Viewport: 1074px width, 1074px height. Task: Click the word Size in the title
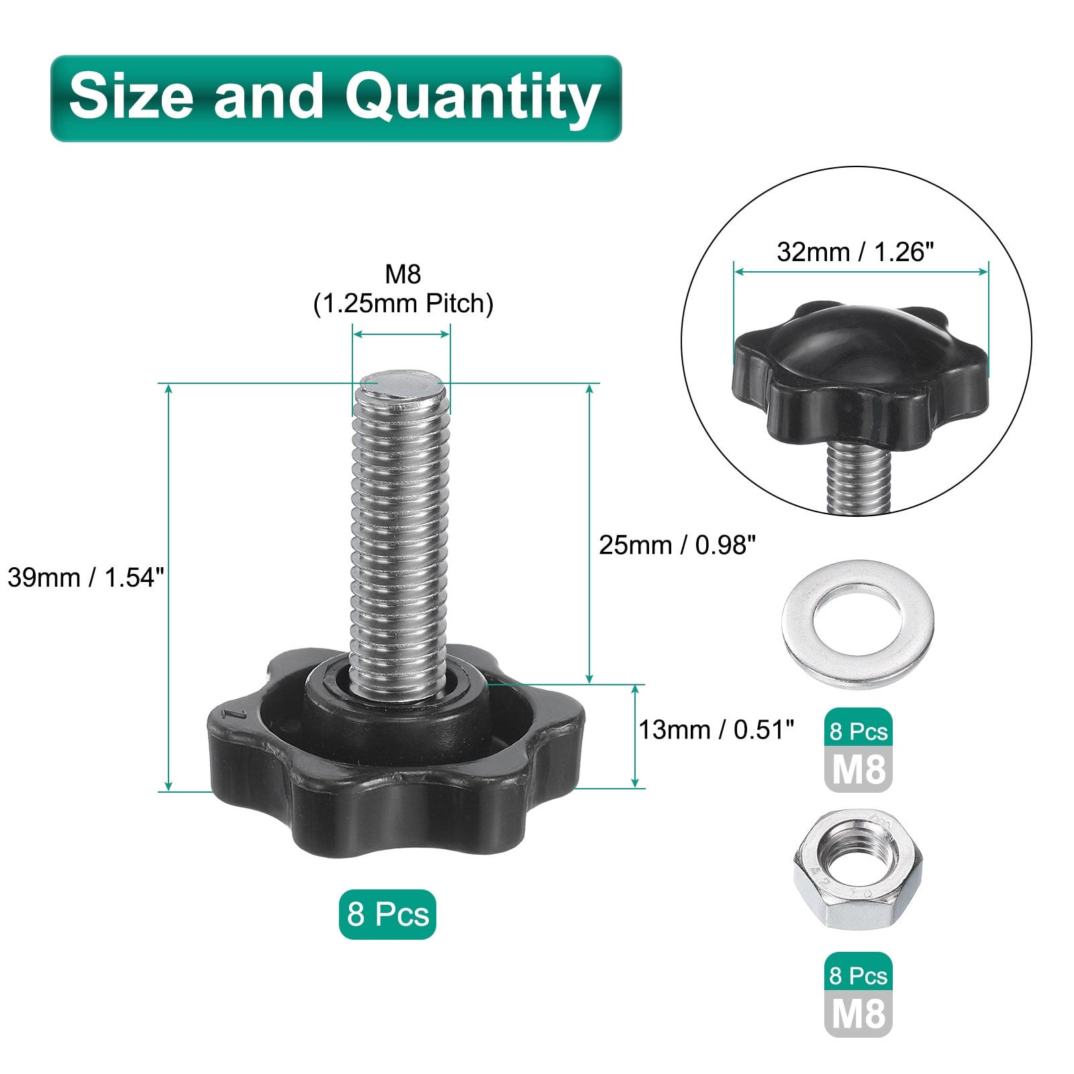(x=131, y=95)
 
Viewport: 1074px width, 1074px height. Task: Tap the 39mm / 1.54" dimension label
(x=86, y=577)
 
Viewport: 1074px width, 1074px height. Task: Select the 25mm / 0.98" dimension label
(x=677, y=545)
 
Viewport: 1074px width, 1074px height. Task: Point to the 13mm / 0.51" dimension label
(x=716, y=730)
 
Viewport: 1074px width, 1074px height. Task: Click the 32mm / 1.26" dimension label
(x=855, y=252)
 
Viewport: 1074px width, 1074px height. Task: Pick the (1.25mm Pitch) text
(x=403, y=304)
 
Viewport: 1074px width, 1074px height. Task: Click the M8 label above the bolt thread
(x=403, y=274)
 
